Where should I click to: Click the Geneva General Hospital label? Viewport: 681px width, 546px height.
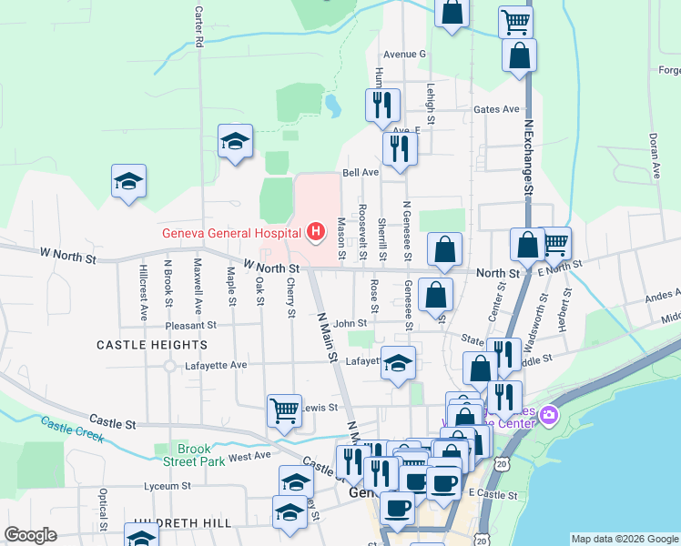coord(232,232)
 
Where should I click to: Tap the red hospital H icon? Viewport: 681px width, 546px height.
coord(316,232)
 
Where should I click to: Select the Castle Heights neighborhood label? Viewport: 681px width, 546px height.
coord(152,345)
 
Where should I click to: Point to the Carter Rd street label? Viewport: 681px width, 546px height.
coord(198,28)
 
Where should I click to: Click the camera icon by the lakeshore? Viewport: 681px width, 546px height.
coord(548,416)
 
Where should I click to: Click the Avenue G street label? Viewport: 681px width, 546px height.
coord(404,54)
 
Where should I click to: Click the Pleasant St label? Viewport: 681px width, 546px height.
coord(191,324)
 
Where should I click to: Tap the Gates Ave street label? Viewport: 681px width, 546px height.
coord(496,109)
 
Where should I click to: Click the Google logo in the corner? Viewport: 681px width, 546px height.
coord(30,535)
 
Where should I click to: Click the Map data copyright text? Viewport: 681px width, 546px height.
coord(624,539)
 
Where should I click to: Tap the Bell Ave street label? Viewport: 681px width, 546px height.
coord(360,172)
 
